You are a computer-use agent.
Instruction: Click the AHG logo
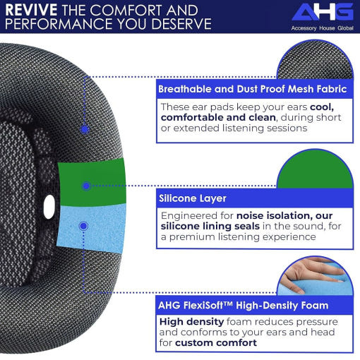[x=323, y=12]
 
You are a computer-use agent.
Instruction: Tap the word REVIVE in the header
[x=31, y=10]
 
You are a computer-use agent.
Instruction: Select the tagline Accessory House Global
[x=323, y=28]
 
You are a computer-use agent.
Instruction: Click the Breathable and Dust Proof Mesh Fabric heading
[x=253, y=89]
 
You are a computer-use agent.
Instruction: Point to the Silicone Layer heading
[x=193, y=198]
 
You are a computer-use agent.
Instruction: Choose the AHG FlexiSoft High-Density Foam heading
[x=244, y=306]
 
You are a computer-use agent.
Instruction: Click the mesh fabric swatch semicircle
[x=316, y=60]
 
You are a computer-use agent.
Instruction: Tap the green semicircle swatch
[x=316, y=169]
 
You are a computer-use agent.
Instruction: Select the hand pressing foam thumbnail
[x=316, y=276]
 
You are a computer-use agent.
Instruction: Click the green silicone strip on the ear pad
[x=92, y=182]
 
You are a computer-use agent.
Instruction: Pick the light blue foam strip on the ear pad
[x=91, y=227]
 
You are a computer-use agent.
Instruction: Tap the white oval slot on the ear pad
[x=49, y=207]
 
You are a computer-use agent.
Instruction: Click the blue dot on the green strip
[x=86, y=186]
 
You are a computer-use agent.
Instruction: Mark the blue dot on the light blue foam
[x=83, y=226]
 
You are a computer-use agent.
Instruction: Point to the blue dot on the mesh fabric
[x=85, y=129]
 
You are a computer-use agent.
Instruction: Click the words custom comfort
[x=216, y=342]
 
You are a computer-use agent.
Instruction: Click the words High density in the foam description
[x=191, y=322]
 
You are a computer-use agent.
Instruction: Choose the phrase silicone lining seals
[x=210, y=226]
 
